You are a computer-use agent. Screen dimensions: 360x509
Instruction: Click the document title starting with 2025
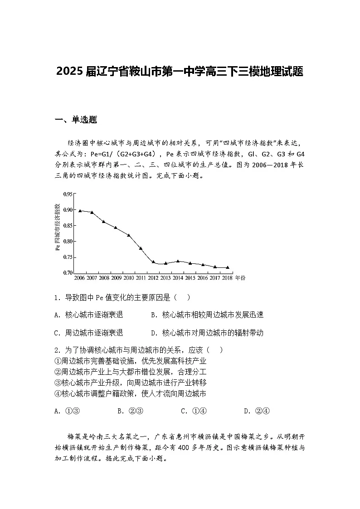[180, 72]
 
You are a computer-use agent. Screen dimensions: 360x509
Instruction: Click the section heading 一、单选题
[76, 120]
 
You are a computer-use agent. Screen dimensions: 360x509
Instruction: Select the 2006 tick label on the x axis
[79, 277]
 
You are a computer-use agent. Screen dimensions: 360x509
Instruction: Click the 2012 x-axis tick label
[153, 277]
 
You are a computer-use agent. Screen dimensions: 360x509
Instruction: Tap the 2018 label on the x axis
[227, 277]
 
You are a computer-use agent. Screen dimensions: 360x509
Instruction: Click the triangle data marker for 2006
[80, 211]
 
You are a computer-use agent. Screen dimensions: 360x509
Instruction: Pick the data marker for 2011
[141, 248]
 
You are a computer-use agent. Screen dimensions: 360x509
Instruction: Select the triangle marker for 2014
[178, 261]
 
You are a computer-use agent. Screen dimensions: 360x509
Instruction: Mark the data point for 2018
[227, 267]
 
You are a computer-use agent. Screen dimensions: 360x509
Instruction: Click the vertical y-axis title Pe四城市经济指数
[58, 233]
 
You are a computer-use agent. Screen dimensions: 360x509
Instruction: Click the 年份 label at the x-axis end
[240, 277]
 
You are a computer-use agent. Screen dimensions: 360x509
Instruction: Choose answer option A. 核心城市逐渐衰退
[88, 315]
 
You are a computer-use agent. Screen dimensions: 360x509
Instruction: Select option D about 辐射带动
[207, 333]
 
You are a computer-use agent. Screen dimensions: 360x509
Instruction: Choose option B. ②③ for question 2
[130, 411]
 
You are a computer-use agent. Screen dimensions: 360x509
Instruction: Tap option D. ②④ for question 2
[257, 411]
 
